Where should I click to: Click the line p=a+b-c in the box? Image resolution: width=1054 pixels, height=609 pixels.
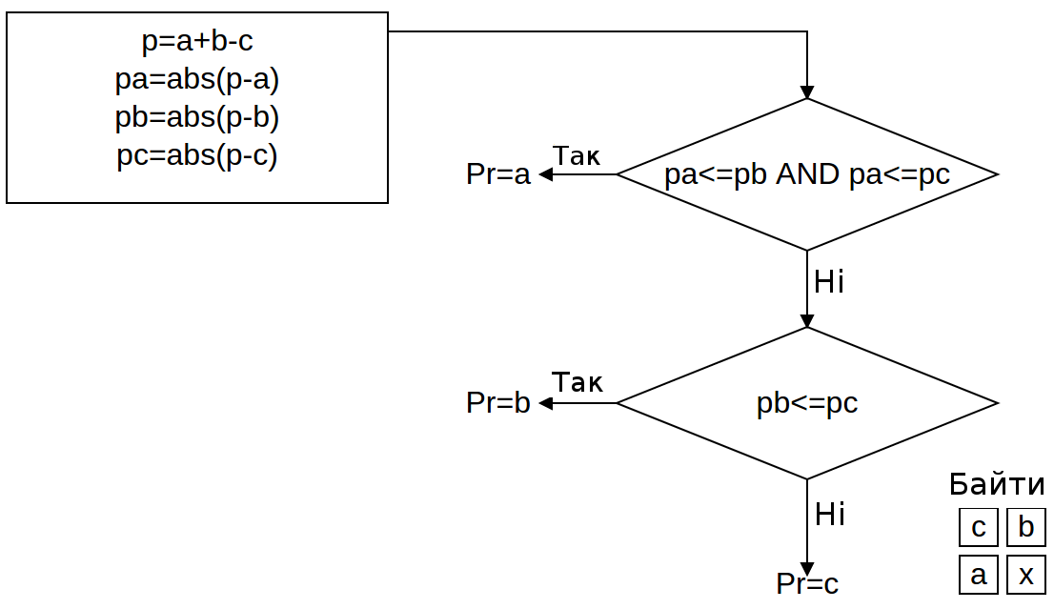click(197, 41)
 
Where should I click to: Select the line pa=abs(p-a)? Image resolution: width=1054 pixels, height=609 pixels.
click(197, 79)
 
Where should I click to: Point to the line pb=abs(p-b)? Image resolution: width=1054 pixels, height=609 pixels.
click(197, 117)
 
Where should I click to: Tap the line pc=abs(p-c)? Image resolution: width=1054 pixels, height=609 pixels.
click(197, 155)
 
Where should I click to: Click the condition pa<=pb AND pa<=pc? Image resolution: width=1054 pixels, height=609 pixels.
click(807, 175)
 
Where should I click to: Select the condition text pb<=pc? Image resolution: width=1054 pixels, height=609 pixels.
click(807, 403)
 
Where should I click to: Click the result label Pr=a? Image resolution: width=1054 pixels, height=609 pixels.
click(497, 174)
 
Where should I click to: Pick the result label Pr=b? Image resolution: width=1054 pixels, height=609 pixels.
click(497, 403)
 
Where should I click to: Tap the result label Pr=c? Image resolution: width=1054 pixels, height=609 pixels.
click(807, 584)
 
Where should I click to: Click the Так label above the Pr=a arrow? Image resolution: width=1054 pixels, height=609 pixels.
click(578, 155)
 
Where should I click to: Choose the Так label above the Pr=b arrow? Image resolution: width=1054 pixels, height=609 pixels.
click(578, 383)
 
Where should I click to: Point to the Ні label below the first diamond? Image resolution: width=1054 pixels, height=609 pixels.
click(829, 282)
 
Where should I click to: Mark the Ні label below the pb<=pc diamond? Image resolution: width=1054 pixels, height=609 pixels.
click(829, 515)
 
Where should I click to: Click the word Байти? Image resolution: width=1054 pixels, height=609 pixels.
click(997, 485)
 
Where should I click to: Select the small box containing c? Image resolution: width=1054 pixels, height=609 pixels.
click(978, 527)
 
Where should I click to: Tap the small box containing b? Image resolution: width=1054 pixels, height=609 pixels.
click(1025, 527)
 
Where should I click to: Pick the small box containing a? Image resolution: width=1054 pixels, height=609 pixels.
click(978, 575)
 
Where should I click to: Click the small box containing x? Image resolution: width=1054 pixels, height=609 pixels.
click(1025, 575)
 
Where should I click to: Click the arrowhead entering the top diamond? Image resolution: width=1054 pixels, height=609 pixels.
click(807, 92)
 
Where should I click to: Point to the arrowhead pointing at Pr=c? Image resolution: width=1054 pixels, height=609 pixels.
click(807, 570)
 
